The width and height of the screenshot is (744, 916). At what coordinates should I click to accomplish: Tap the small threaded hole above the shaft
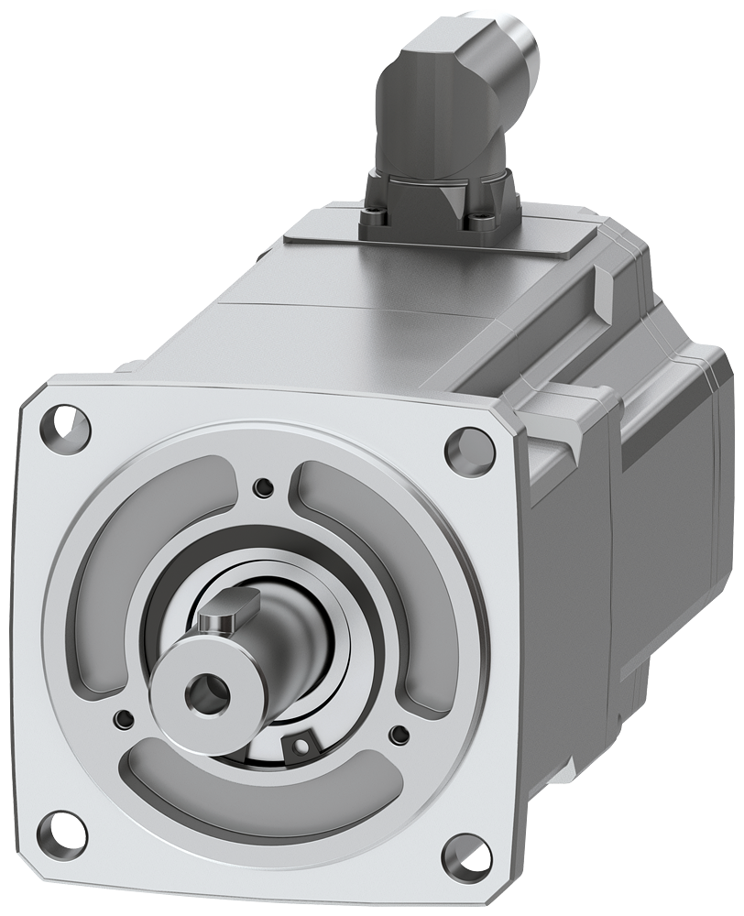(x=265, y=485)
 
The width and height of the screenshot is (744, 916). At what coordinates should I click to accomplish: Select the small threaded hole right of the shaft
(x=399, y=734)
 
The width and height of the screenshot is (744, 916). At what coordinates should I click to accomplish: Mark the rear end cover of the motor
(x=678, y=513)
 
